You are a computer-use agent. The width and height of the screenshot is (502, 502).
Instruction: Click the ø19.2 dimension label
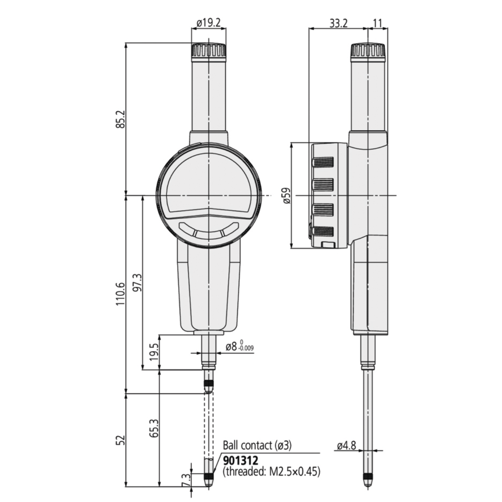click(208, 24)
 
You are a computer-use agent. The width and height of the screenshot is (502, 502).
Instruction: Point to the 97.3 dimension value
click(139, 282)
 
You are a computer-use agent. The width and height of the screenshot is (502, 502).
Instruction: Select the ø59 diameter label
click(287, 195)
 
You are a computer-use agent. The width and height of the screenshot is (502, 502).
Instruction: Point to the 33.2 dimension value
click(338, 24)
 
